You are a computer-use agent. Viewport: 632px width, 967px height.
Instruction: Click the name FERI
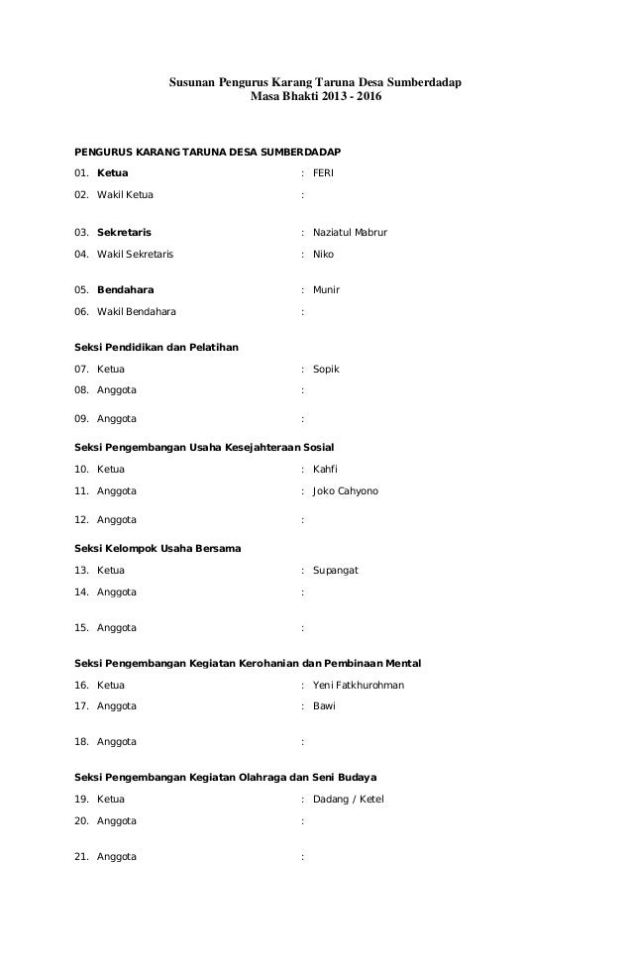pos(323,172)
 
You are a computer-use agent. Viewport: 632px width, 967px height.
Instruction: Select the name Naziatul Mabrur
pos(350,232)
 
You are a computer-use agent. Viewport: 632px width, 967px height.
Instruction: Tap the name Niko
pos(323,254)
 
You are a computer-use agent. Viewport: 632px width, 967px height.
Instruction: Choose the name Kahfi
pos(326,469)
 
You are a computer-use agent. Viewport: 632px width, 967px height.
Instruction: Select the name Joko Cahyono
pos(345,490)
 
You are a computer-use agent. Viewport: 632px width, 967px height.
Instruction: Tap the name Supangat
pos(335,571)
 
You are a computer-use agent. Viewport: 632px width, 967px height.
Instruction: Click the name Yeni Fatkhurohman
pos(358,685)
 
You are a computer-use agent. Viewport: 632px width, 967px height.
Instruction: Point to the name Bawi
pos(324,706)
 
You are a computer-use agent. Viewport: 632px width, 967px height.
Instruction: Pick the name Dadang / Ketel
pos(348,799)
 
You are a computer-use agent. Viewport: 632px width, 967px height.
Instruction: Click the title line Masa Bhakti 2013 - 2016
pos(315,99)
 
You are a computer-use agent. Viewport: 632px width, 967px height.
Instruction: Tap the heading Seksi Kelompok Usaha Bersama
pos(158,549)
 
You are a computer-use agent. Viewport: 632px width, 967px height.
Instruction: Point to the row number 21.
pos(81,857)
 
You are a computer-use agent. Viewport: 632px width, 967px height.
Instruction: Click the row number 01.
pos(81,172)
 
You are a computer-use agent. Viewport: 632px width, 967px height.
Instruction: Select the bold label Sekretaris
pos(124,232)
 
